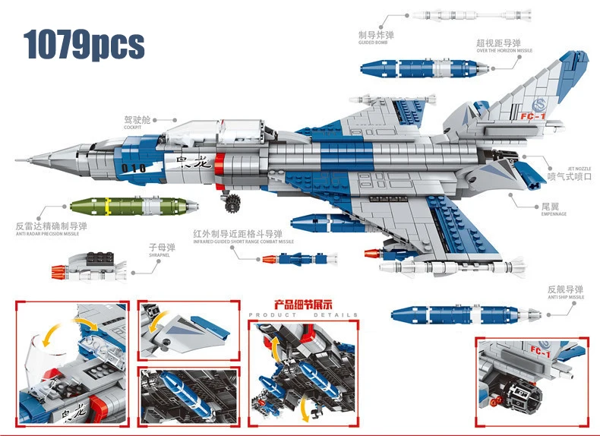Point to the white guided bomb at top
(x=463, y=14)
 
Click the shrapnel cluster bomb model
(x=91, y=265)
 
